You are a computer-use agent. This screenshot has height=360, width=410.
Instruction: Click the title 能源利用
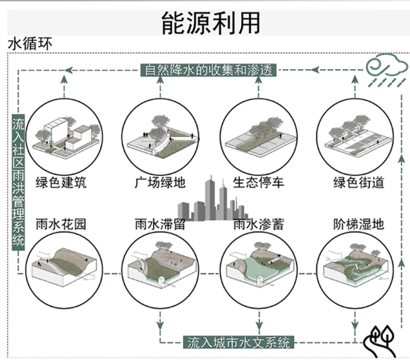coord(211,23)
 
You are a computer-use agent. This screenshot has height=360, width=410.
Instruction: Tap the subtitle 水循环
coord(30,43)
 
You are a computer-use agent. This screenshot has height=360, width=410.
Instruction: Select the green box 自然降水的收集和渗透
coord(208,70)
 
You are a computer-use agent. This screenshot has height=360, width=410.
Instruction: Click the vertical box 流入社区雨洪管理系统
coord(19,183)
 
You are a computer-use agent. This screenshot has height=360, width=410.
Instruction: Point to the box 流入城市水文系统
coord(238,342)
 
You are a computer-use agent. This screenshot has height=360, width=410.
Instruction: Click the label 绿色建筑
coord(61,182)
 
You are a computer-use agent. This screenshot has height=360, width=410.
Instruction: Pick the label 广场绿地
coord(160,182)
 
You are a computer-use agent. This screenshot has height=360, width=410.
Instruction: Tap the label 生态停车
coord(258,182)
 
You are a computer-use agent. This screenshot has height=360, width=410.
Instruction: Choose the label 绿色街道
coord(358,182)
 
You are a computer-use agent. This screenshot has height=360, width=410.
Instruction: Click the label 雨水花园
coord(61,224)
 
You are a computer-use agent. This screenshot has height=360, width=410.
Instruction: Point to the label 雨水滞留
coord(160,224)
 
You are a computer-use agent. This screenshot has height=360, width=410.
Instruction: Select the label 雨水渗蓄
coord(258,224)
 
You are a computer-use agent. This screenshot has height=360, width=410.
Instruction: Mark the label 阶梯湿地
coord(358,224)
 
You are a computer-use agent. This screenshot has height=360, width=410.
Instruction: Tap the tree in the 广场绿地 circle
coord(160,128)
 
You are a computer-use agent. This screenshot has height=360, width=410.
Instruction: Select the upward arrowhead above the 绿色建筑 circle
coord(64,79)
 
